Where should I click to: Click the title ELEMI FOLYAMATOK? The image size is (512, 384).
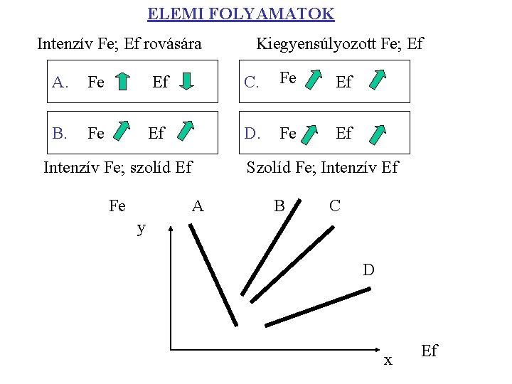pos(240,14)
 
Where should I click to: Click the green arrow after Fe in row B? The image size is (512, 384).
pos(123,132)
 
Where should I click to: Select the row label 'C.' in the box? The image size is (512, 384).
pos(251,82)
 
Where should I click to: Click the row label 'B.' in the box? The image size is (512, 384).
pos(60,133)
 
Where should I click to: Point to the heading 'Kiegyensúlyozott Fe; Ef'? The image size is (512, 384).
pos(339,44)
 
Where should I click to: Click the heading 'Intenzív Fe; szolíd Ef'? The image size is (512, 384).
pos(118,168)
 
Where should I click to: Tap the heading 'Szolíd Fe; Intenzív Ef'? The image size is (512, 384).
pos(322,168)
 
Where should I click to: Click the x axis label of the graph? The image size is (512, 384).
pos(388,360)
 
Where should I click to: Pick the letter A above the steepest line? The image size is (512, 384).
pos(198,206)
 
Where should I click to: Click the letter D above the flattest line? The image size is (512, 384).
pos(368,270)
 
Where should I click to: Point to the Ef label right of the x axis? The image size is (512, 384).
pos(430,351)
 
